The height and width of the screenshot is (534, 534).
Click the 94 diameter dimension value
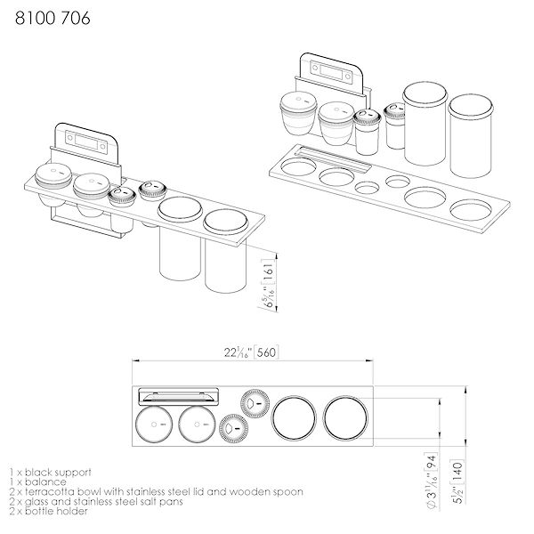(433, 460)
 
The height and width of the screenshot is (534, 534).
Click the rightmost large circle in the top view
(344, 417)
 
